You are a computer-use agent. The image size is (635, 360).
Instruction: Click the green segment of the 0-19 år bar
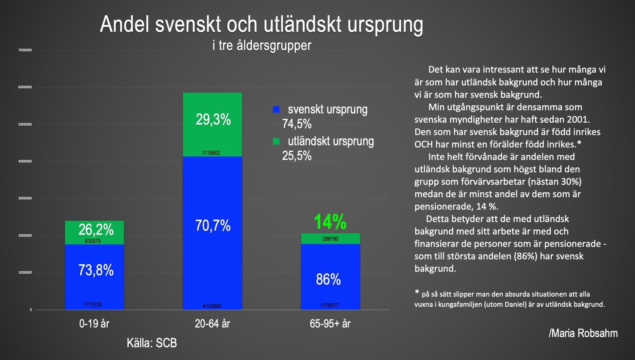(x=95, y=232)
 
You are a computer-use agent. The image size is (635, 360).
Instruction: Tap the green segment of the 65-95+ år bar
(x=330, y=238)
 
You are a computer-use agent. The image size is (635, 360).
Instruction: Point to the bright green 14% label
(x=330, y=222)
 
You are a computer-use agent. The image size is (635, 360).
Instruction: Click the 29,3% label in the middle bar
(x=213, y=120)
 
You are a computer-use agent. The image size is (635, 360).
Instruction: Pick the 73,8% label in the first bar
(x=96, y=270)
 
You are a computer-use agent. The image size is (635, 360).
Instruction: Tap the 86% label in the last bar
(x=328, y=279)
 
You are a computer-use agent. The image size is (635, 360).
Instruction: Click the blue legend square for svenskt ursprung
(x=276, y=109)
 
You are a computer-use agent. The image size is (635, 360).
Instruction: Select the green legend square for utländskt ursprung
(x=276, y=141)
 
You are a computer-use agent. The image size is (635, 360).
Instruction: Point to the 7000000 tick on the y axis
(x=25, y=50)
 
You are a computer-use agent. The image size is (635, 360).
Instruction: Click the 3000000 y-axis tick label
(x=25, y=198)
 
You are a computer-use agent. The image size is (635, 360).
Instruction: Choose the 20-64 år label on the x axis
(x=212, y=324)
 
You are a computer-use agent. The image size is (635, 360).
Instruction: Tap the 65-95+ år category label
(x=330, y=324)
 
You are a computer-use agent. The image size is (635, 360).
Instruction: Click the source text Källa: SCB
(x=152, y=343)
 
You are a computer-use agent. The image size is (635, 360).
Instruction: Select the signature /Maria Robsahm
(x=583, y=333)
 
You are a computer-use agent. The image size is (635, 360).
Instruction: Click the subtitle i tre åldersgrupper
(x=262, y=45)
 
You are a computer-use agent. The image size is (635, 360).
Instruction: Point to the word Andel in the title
(x=125, y=25)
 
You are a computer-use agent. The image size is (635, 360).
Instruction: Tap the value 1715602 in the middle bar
(x=211, y=153)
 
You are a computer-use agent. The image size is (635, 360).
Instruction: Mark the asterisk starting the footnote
(x=417, y=292)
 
